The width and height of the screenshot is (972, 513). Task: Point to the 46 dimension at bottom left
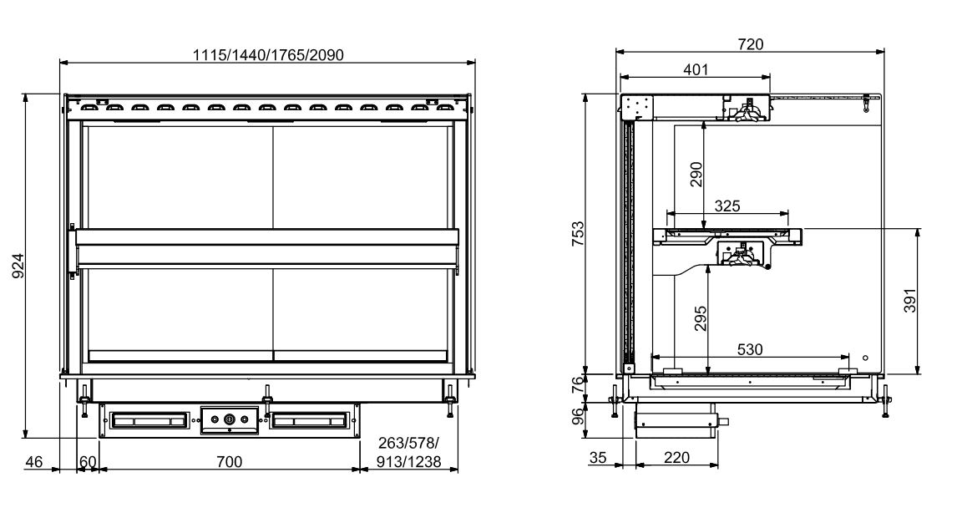point(34,461)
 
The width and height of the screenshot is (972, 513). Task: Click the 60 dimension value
point(88,461)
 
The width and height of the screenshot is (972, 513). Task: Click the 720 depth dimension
point(751,44)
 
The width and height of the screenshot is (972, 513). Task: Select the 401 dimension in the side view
point(695,70)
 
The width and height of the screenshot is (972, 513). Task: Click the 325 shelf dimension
point(728,205)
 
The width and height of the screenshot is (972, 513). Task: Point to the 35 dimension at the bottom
point(598,458)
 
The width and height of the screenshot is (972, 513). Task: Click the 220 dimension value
point(676,458)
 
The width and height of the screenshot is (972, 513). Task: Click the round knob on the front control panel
point(229,419)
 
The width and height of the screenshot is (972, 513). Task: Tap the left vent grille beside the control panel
point(149,419)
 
